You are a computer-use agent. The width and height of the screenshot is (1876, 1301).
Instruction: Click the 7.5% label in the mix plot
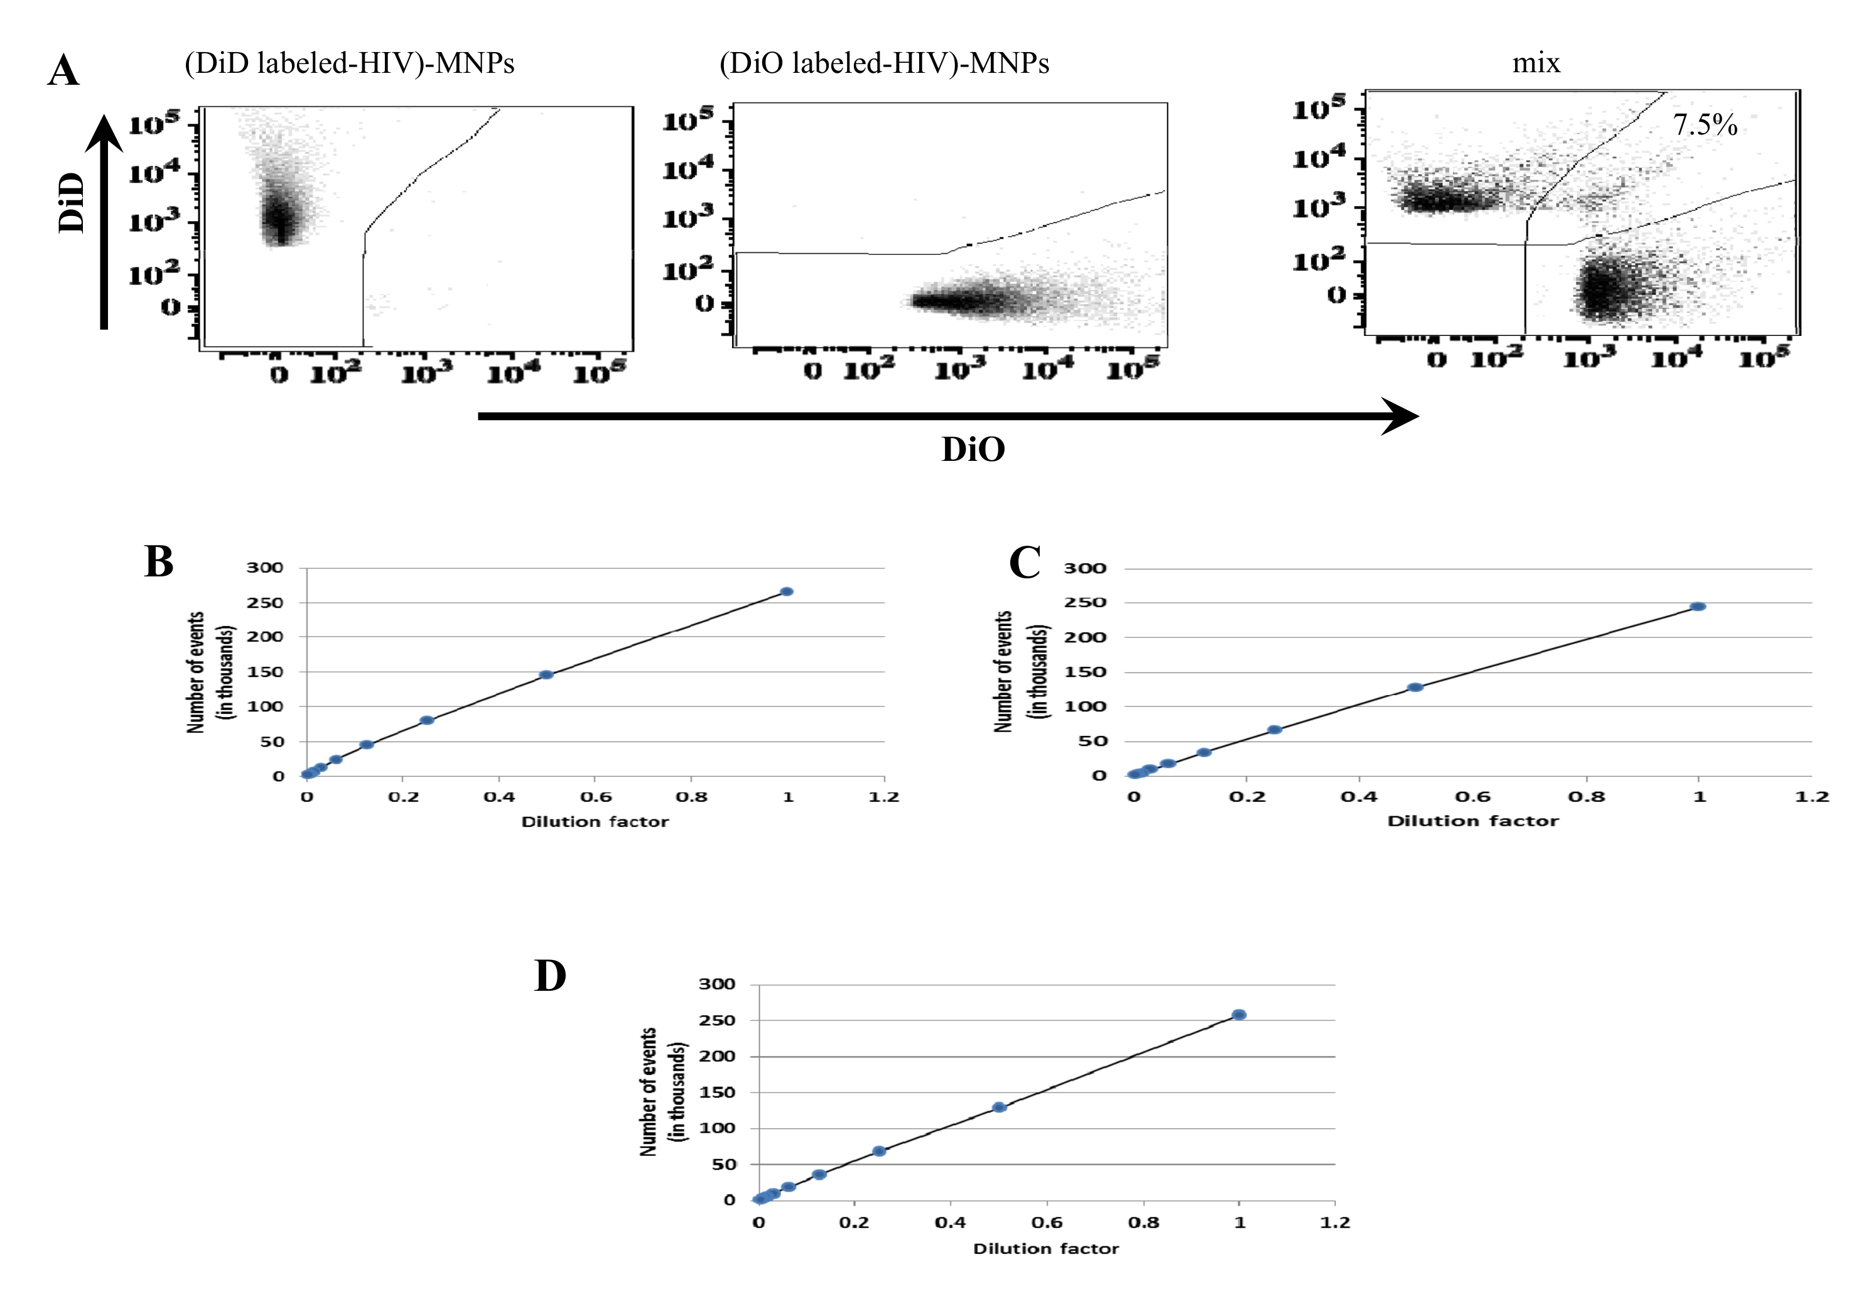(1705, 125)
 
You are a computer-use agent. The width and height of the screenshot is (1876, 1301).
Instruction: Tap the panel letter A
(63, 70)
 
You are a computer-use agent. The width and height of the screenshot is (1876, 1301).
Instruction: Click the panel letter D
(550, 975)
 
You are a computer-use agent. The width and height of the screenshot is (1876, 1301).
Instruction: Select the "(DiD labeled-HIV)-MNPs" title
(350, 63)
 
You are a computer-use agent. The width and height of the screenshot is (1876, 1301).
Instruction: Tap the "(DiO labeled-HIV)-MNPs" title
(884, 63)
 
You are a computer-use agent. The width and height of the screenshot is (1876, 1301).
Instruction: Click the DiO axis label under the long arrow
(973, 449)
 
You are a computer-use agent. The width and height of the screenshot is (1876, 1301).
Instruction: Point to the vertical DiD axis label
(72, 202)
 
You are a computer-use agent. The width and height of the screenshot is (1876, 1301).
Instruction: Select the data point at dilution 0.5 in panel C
(1416, 687)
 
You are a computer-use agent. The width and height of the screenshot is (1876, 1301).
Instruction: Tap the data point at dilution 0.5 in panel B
(547, 675)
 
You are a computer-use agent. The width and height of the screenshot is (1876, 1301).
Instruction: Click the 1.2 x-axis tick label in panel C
(1811, 796)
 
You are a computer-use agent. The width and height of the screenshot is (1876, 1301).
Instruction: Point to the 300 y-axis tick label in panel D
(717, 984)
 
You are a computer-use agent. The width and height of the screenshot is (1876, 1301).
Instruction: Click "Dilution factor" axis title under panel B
(595, 822)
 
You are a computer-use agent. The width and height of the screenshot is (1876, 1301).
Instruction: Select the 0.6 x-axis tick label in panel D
(1047, 1223)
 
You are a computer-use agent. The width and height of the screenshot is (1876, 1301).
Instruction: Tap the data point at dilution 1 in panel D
(1239, 1015)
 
